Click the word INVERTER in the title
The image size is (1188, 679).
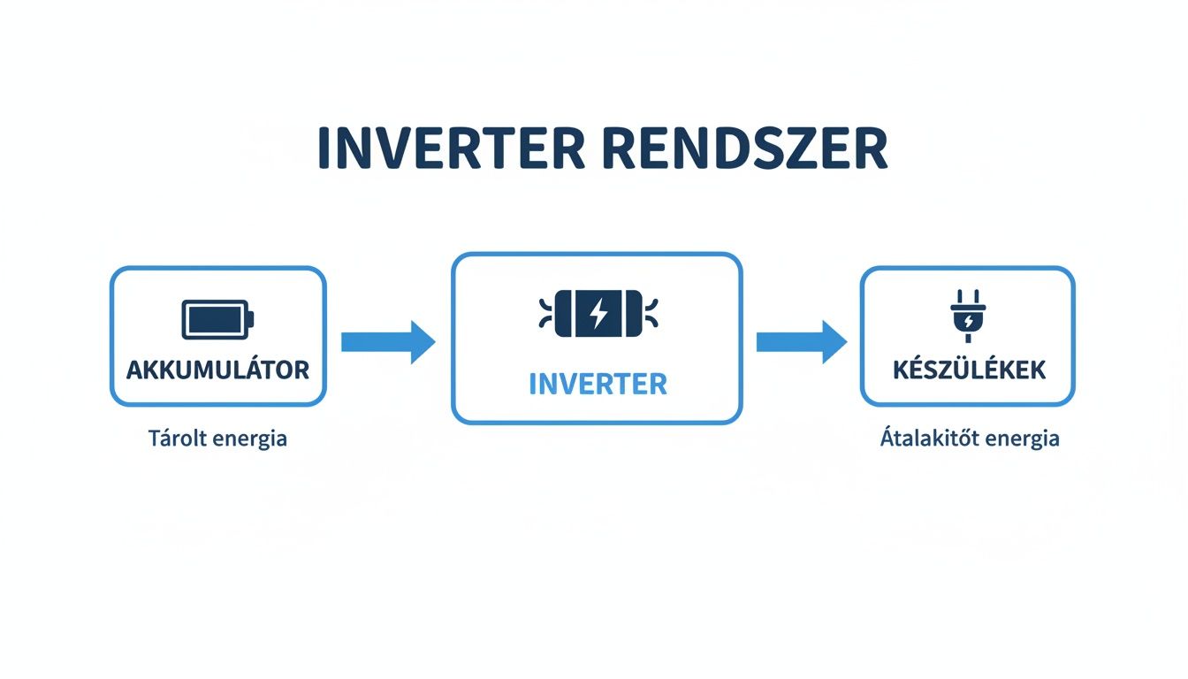(450, 149)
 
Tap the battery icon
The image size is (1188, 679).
(217, 318)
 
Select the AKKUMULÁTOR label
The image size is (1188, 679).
(217, 370)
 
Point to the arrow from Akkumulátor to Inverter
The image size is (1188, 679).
(387, 341)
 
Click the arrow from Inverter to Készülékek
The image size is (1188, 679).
(801, 341)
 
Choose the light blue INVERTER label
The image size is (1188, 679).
(598, 385)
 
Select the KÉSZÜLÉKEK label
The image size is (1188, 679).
(968, 370)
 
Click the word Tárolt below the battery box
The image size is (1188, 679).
(180, 438)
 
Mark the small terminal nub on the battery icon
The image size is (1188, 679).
(251, 318)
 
